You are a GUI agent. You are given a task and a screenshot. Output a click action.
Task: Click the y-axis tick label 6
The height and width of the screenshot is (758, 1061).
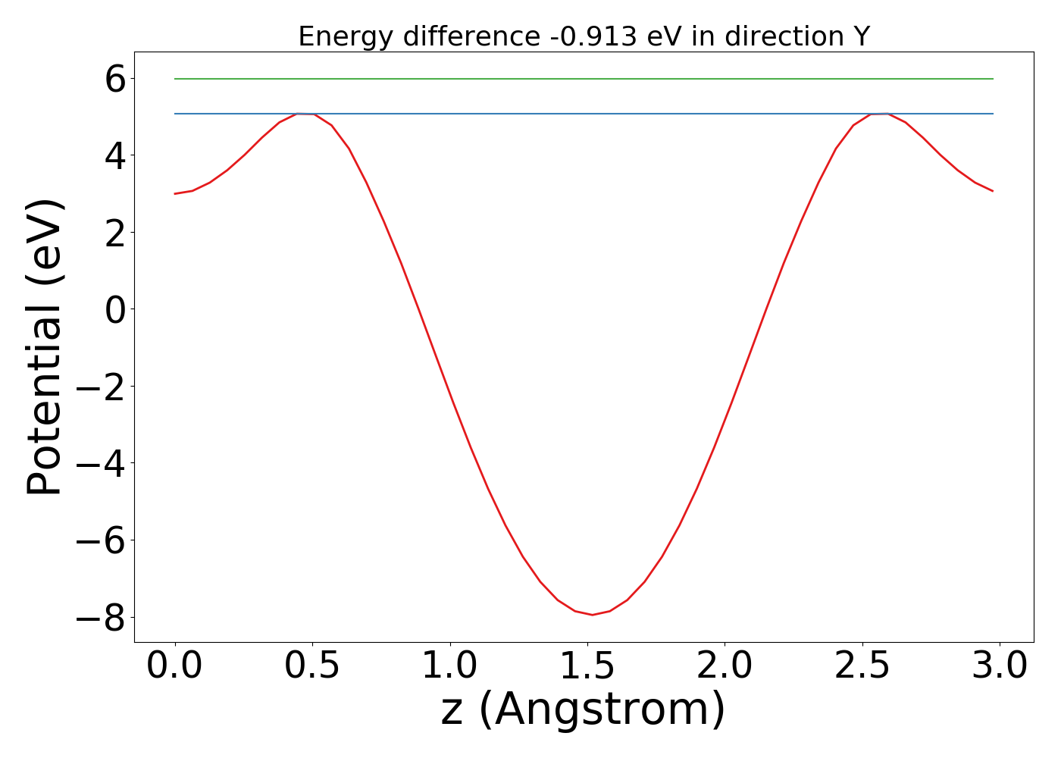click(115, 79)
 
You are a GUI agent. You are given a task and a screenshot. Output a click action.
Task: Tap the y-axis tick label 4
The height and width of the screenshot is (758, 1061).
click(115, 155)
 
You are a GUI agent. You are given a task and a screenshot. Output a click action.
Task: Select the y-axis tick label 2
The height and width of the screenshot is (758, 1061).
click(115, 232)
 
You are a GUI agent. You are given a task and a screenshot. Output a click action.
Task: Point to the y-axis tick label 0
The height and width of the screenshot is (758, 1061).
click(115, 309)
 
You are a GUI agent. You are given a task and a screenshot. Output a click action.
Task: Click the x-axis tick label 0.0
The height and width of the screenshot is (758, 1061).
click(175, 666)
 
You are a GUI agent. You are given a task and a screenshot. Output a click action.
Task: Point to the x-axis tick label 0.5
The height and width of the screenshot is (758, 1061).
click(312, 666)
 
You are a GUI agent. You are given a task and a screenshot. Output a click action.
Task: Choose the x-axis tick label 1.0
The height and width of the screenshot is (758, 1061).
click(450, 666)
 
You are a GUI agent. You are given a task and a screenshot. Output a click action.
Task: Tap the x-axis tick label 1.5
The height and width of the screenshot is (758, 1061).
click(587, 666)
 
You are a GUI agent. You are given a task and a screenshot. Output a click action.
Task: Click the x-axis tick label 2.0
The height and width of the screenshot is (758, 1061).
click(725, 666)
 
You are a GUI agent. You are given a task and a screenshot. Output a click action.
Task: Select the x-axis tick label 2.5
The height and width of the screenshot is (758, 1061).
click(862, 666)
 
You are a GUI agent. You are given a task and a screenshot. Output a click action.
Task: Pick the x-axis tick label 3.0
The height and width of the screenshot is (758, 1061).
click(1000, 666)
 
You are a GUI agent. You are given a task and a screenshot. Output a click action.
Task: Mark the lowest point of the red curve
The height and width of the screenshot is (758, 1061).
click(592, 614)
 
